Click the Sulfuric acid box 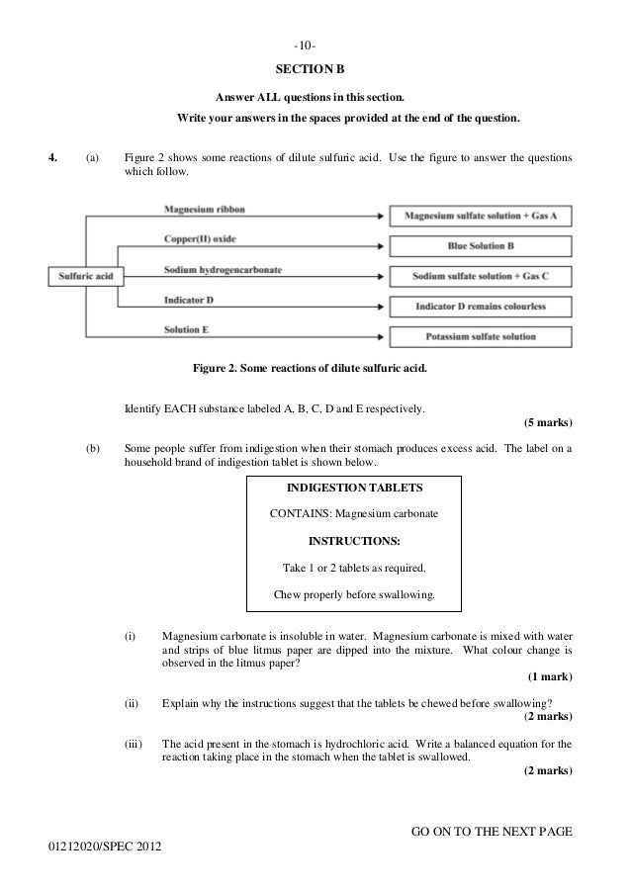click(86, 276)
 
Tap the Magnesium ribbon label click(205, 210)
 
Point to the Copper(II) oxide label click(201, 239)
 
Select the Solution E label click(187, 329)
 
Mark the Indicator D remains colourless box click(482, 307)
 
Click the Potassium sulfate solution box click(482, 337)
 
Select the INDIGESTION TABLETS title click(354, 489)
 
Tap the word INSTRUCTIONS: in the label click(354, 542)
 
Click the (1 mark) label click(550, 676)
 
